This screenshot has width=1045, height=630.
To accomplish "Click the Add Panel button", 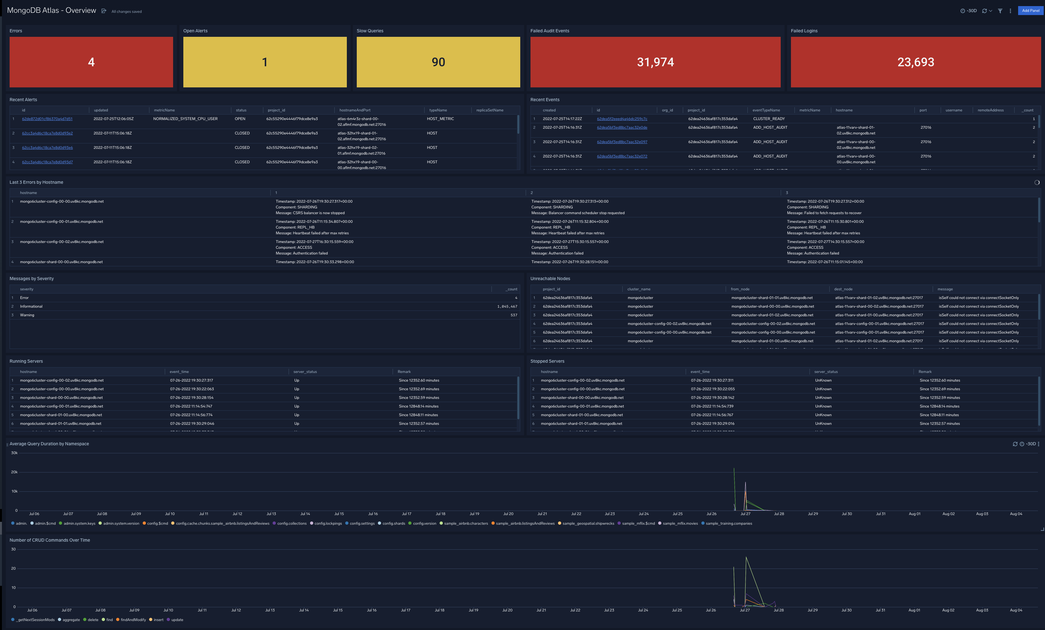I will pyautogui.click(x=1030, y=11).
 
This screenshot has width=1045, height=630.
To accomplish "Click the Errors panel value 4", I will pyautogui.click(x=91, y=62).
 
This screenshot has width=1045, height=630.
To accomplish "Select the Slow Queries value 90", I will pyautogui.click(x=438, y=62).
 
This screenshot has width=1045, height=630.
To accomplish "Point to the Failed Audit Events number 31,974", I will pyautogui.click(x=655, y=62).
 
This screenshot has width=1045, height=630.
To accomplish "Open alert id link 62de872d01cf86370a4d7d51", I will pyautogui.click(x=47, y=119).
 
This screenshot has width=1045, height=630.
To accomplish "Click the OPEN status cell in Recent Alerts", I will pyautogui.click(x=240, y=119).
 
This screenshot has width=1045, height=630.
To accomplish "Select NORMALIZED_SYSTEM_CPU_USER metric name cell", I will pyautogui.click(x=185, y=119).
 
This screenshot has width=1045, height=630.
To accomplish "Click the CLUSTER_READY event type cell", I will pyautogui.click(x=769, y=119).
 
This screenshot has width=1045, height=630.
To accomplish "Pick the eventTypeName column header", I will pyautogui.click(x=766, y=110).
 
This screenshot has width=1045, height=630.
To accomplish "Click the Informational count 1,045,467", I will pyautogui.click(x=507, y=306).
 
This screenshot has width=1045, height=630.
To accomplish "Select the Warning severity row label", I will pyautogui.click(x=27, y=315).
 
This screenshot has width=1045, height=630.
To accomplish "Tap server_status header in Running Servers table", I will pyautogui.click(x=305, y=372).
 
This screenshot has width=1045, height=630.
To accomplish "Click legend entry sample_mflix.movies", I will pyautogui.click(x=680, y=523).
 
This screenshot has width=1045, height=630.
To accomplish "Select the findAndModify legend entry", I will pyautogui.click(x=133, y=620).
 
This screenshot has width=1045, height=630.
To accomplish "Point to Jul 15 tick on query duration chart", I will pyautogui.click(x=339, y=514).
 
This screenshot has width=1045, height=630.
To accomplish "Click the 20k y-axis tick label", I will pyautogui.click(x=14, y=472).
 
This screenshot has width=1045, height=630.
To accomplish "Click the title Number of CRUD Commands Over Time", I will pyautogui.click(x=50, y=540).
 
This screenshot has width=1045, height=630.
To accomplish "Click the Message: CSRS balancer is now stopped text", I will pyautogui.click(x=310, y=213).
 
